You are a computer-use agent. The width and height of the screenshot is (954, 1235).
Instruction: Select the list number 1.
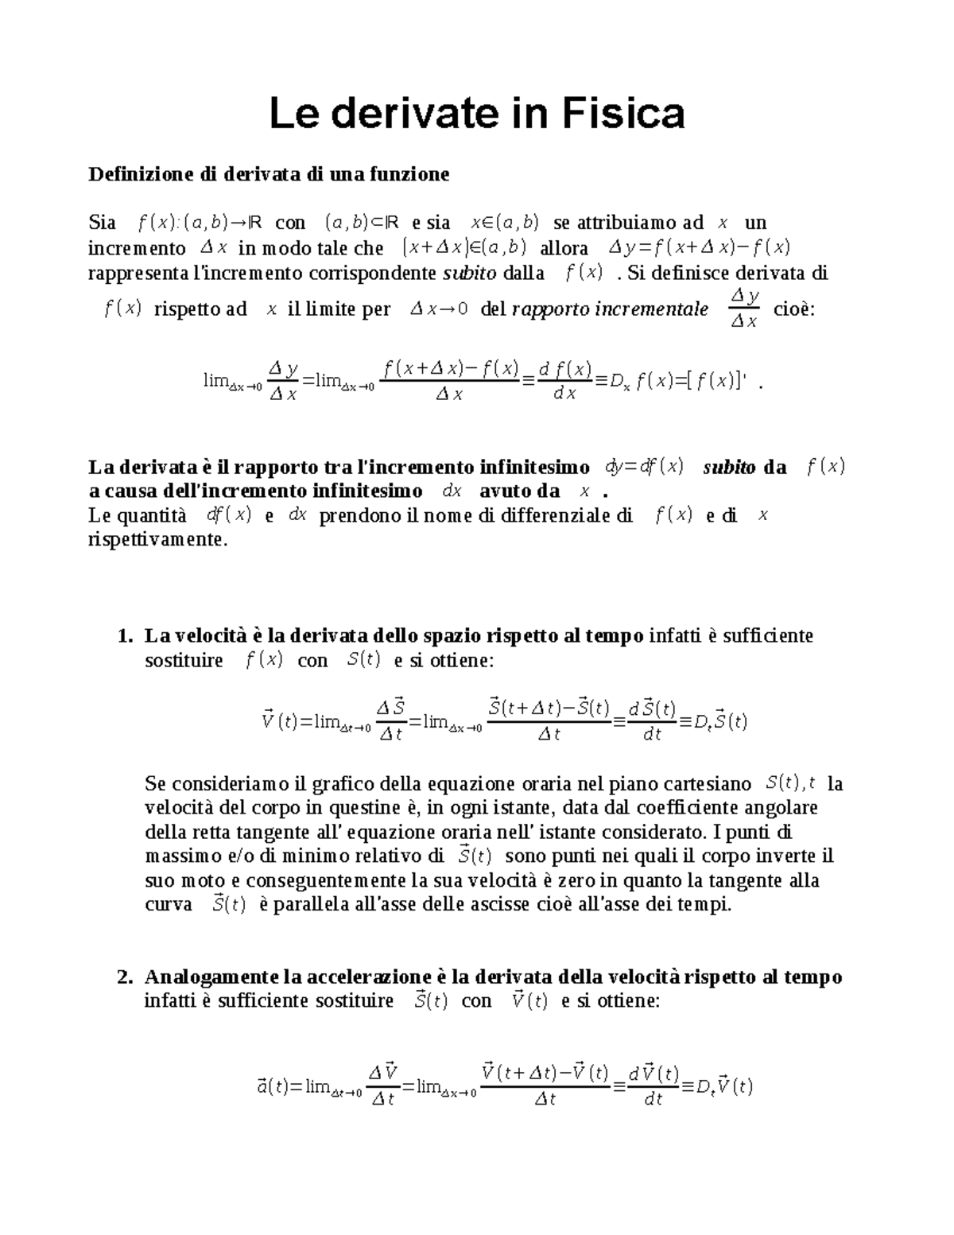(122, 636)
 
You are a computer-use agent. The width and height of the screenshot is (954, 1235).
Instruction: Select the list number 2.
(122, 977)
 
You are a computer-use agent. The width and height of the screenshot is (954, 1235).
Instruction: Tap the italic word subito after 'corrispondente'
(468, 274)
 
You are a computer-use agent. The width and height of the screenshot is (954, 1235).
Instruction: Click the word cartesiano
(708, 784)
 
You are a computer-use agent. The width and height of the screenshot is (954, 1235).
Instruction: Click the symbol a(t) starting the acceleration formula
(272, 1086)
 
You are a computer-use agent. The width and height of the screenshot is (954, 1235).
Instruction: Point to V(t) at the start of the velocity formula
(279, 721)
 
